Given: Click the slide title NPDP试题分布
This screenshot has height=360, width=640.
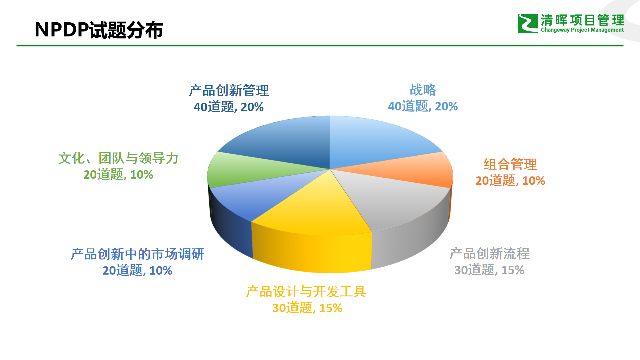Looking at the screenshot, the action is (x=99, y=30).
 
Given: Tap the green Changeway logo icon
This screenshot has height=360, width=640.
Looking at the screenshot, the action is (x=528, y=23).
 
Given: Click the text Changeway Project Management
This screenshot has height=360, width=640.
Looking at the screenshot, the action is (x=582, y=30).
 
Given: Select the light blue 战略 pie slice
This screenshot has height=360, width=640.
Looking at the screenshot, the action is (x=377, y=142).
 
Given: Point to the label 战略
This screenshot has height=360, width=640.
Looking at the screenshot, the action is (x=423, y=90).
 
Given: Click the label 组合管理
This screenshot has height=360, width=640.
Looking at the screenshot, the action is (x=510, y=164).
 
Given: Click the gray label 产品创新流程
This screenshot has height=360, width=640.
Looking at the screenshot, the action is (x=489, y=254).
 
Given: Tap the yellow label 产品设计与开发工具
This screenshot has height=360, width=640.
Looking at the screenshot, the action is (x=306, y=292).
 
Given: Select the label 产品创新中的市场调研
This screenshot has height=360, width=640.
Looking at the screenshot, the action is (x=137, y=254).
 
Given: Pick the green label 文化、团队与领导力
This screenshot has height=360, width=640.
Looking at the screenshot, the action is (x=118, y=158).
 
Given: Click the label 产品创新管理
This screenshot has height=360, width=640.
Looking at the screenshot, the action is (x=229, y=91).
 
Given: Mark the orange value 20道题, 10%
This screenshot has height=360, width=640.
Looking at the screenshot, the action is (x=510, y=181).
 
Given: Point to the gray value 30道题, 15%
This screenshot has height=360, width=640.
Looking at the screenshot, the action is (x=489, y=270).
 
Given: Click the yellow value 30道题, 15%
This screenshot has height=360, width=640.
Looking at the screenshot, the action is (x=307, y=308).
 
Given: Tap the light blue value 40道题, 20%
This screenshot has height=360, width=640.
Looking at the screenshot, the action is (x=423, y=106).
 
